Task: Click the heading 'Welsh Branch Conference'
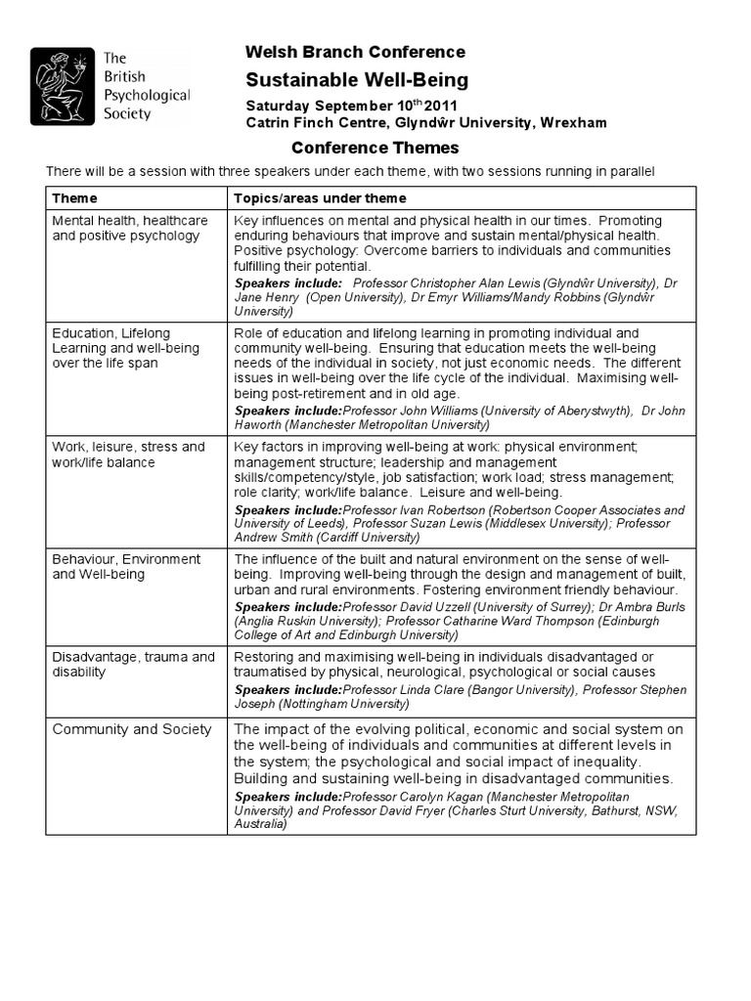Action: point(355,53)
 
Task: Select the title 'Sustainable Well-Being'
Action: point(357,80)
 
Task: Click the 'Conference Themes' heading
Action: point(376,149)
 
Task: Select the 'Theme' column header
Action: point(74,198)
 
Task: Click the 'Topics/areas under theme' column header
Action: point(306,198)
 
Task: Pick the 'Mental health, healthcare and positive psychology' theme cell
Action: point(129,228)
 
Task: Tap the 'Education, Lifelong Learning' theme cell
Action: point(125,348)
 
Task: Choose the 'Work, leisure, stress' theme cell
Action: point(128,454)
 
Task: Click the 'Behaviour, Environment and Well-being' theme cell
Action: point(125,566)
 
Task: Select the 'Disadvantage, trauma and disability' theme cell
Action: point(133,665)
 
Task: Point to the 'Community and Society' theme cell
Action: point(131,729)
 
